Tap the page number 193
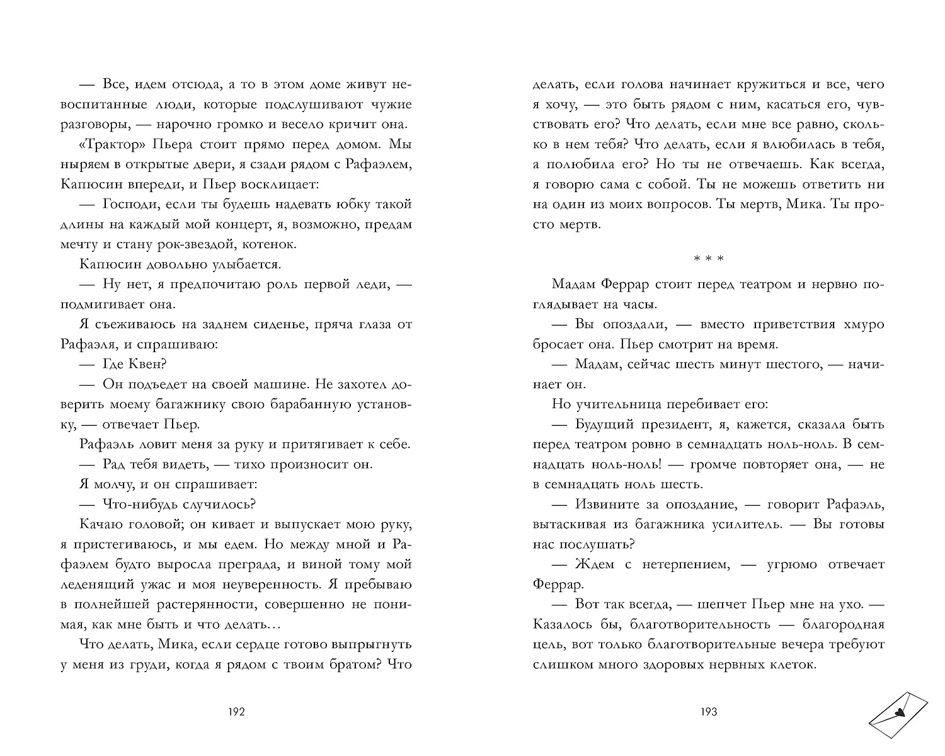click(x=708, y=713)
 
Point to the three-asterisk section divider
click(x=708, y=259)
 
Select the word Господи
click(x=129, y=204)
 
